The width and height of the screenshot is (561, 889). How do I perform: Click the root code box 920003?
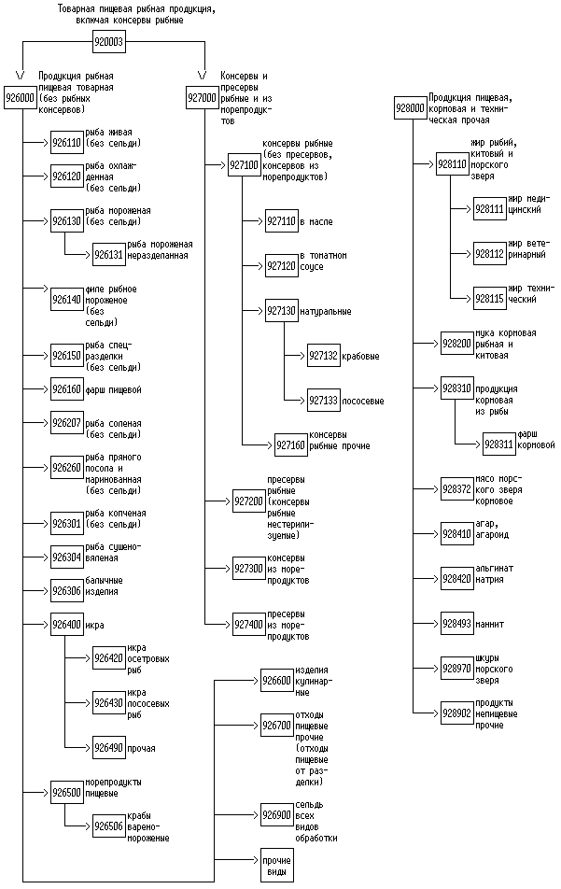tap(109, 42)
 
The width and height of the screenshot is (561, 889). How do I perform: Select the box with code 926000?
tap(20, 96)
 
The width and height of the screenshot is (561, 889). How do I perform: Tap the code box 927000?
tap(202, 96)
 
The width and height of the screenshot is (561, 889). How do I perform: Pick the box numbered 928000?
tap(411, 108)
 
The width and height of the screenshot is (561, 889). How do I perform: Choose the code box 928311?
tap(499, 444)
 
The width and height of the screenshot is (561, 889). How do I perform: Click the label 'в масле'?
tap(316, 221)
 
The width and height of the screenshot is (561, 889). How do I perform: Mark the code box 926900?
tap(277, 814)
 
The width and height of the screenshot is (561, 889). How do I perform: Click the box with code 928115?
tap(490, 299)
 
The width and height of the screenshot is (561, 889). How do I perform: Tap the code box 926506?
tap(108, 826)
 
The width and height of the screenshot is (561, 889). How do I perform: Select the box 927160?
tap(290, 445)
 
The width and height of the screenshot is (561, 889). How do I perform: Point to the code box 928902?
tap(456, 713)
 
